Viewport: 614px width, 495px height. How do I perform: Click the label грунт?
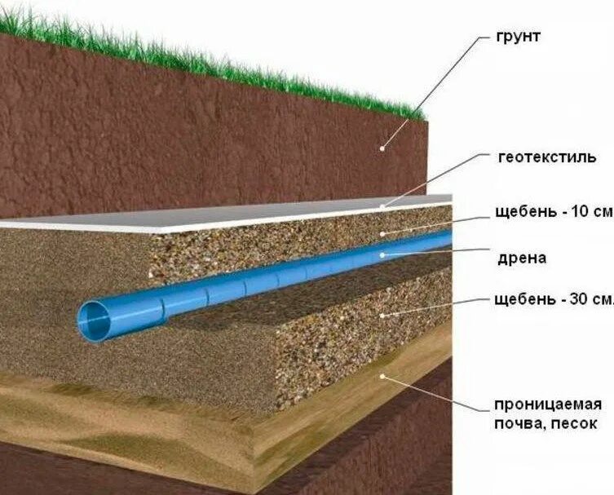tap(518, 38)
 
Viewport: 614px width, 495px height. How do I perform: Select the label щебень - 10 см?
tap(553, 211)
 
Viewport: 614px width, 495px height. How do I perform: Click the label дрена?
tap(521, 259)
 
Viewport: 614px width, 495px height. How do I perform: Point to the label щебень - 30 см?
tap(553, 298)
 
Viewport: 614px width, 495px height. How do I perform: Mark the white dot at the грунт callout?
tap(383, 147)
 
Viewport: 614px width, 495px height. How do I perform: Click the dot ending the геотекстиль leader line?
tap(383, 206)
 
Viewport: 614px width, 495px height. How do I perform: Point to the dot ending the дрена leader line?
tap(383, 255)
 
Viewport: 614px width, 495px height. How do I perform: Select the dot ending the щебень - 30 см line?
tap(382, 314)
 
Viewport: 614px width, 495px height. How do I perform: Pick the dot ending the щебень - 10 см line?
tap(383, 233)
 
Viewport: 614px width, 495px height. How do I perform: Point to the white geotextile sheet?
tap(245, 214)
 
